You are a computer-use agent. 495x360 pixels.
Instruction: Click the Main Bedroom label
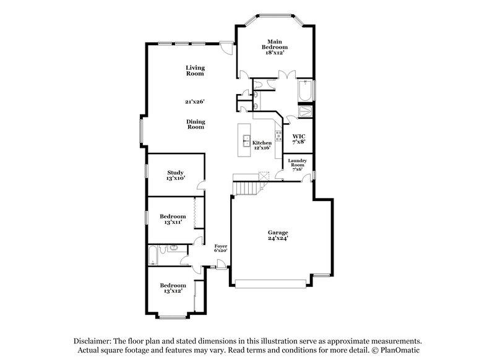coord(275,47)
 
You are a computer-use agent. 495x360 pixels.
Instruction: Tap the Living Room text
coord(195,71)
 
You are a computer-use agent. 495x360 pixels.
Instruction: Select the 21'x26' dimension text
coord(194,101)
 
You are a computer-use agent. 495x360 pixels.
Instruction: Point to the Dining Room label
coord(196,124)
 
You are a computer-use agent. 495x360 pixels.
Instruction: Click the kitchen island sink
coord(247,139)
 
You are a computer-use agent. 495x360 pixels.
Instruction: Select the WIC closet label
coord(298,139)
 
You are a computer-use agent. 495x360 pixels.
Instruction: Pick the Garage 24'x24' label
coord(278,235)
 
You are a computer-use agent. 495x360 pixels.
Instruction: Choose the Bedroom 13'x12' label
coord(173,288)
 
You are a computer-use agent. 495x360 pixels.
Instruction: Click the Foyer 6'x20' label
coord(221,248)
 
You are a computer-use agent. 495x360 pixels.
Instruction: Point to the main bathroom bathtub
coord(304,91)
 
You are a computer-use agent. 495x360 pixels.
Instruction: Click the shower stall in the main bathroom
coord(305,112)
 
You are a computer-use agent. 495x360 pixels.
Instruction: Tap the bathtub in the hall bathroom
coord(153,254)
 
